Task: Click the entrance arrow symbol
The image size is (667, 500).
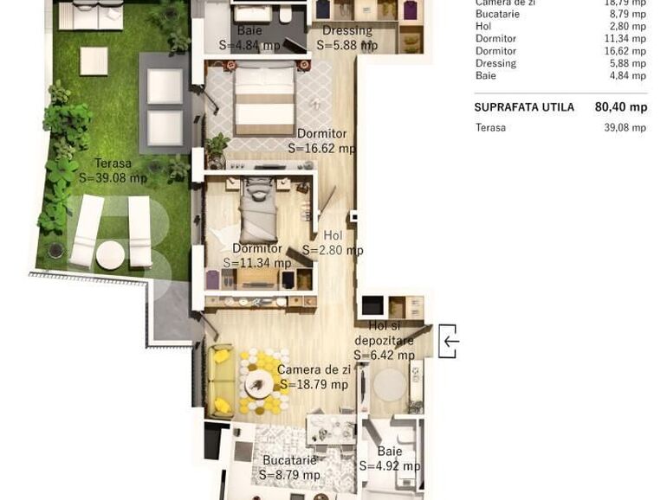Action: coord(449,341)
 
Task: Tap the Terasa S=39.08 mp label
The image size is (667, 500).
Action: coord(113,170)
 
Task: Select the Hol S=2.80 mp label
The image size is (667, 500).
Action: coord(333,243)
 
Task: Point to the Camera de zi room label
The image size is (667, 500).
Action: coord(314,377)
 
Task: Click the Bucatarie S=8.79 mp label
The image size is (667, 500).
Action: coord(289,467)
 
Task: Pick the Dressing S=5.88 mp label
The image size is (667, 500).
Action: coord(347,38)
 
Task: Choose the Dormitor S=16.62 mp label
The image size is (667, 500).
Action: coord(321,141)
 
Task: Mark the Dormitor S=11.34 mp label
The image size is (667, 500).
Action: coord(257,256)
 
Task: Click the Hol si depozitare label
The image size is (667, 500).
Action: coord(384,340)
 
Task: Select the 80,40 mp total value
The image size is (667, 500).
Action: coord(620,107)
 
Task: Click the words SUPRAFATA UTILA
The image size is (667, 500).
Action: coord(523,107)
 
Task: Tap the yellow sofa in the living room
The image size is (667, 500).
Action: coord(222,380)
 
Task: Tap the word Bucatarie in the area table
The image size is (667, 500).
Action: coord(497,14)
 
